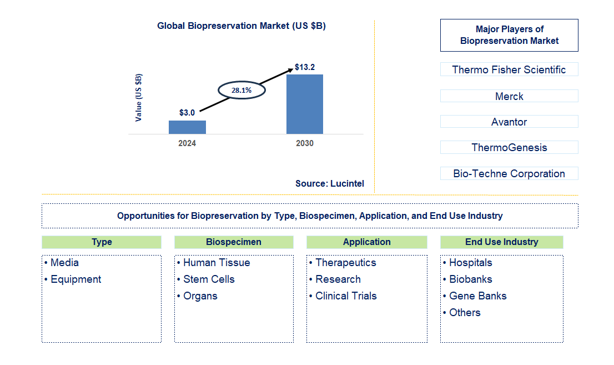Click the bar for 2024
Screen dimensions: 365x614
(187, 127)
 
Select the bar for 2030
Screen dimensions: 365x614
(304, 104)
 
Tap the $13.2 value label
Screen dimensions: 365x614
(305, 67)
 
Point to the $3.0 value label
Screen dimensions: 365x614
(187, 113)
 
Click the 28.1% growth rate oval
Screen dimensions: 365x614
(241, 89)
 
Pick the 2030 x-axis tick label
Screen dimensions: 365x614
(304, 143)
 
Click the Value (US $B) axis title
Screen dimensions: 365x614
(139, 98)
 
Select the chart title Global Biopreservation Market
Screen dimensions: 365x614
(241, 26)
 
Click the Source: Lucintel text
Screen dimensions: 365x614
(330, 183)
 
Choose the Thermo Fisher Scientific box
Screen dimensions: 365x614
(509, 69)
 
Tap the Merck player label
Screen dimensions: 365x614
(509, 96)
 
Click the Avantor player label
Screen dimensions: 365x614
(509, 122)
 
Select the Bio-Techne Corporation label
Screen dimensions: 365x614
(509, 173)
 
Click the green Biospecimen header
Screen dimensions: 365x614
(234, 242)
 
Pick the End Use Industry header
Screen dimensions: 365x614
(501, 242)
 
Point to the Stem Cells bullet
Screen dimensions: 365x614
(209, 279)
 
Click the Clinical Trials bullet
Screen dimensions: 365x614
(346, 296)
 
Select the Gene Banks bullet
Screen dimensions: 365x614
(477, 296)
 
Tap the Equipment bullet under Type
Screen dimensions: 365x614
(76, 279)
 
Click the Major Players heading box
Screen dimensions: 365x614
(509, 36)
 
